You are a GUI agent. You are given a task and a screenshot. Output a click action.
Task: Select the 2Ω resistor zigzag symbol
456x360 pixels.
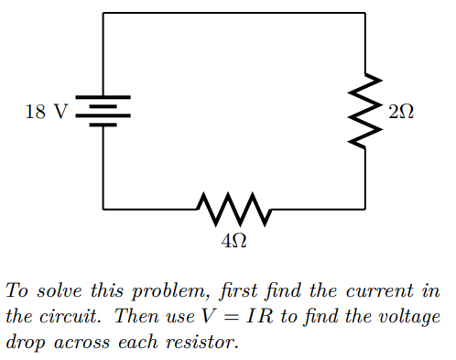coord(365,112)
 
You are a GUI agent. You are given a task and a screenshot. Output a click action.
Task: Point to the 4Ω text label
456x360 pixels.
coord(234,241)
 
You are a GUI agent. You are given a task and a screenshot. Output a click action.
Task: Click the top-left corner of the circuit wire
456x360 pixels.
coord(103,14)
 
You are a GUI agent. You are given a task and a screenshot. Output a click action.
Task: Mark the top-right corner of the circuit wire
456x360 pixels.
coord(365,14)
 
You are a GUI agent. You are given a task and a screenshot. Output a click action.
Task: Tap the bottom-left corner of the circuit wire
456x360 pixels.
coord(103,209)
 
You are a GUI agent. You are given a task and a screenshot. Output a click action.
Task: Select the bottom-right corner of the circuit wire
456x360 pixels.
coord(365,209)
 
